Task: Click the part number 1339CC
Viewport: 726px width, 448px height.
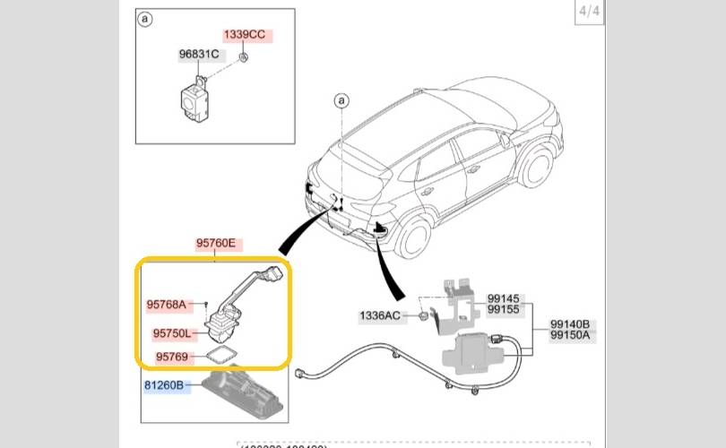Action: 245,35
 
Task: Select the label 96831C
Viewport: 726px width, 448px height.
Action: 199,55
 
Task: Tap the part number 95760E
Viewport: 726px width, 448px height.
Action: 215,243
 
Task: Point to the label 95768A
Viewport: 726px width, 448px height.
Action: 166,305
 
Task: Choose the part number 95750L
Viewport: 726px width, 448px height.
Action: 171,333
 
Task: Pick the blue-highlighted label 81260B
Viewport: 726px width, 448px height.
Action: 163,386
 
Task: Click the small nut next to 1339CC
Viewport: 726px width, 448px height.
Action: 244,58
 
